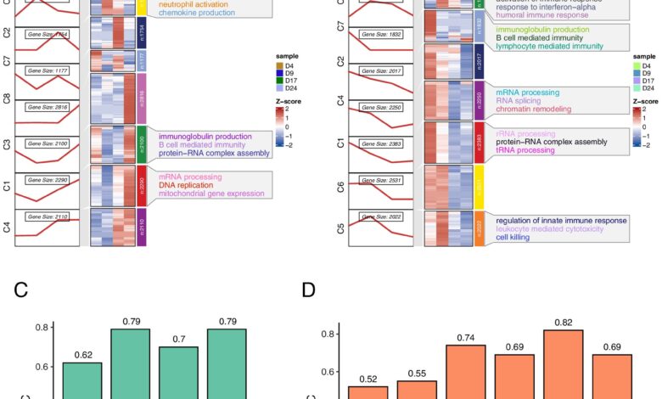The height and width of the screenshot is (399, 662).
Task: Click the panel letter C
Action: coord(22,291)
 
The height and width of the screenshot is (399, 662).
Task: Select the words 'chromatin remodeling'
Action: coord(535,108)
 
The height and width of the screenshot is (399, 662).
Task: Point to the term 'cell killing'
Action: coord(519,238)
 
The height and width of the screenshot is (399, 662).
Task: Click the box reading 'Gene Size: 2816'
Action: coord(48,106)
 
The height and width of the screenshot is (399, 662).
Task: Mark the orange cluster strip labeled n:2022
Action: coord(479,228)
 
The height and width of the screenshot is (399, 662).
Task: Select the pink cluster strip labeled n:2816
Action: coord(142,98)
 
